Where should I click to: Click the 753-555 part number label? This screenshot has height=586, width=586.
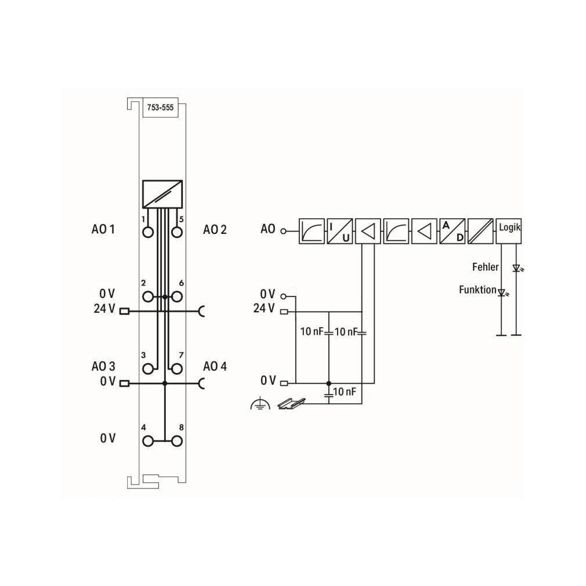(160, 108)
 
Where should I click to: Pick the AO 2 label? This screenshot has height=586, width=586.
(215, 229)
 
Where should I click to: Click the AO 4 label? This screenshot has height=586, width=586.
(215, 366)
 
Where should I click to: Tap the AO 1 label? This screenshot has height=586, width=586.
(103, 229)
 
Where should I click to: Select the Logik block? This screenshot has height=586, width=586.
(508, 231)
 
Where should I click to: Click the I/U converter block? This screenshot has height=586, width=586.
(340, 231)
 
